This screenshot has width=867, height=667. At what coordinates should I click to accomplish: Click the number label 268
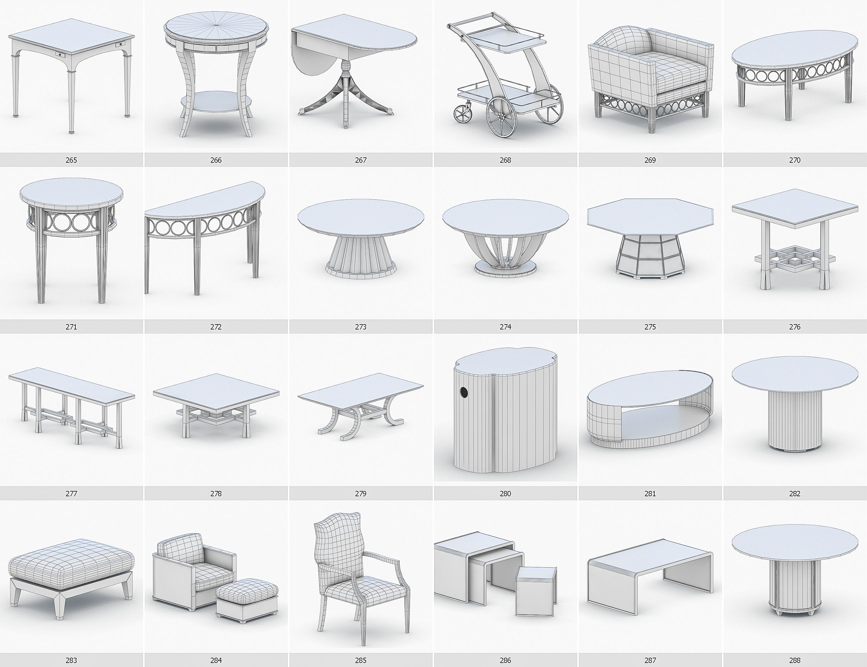click(505, 160)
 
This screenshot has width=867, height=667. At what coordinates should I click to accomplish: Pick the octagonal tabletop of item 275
click(650, 216)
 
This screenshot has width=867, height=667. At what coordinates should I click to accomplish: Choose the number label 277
click(71, 494)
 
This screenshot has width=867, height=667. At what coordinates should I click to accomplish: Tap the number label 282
click(794, 494)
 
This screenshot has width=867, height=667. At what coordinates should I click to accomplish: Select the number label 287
click(650, 660)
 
